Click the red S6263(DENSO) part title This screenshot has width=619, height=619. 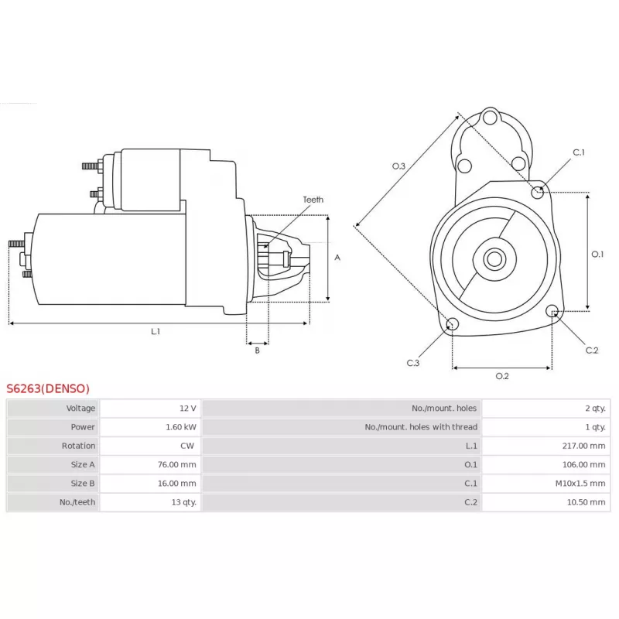48,388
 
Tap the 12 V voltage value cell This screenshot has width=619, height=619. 186,408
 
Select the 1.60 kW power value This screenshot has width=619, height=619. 180,427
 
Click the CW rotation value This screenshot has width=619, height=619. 188,446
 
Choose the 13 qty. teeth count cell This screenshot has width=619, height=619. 182,502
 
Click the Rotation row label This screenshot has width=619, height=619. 79,446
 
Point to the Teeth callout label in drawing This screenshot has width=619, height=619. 313,200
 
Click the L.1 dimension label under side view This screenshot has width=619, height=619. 156,331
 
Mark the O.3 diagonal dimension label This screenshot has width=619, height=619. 398,166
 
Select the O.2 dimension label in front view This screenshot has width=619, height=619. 501,376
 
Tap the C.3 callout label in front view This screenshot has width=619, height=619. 413,363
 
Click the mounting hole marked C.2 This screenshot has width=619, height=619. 552,311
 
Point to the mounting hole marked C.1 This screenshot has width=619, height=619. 538,191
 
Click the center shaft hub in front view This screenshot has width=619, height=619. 494,258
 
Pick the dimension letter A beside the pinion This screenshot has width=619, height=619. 337,258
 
